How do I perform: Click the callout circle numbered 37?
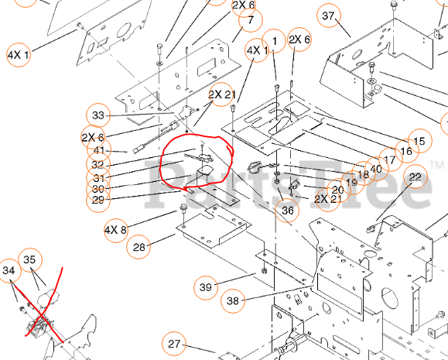tap(330, 16)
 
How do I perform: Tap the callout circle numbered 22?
tap(416, 178)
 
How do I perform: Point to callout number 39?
tap(205, 287)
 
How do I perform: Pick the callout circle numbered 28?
tap(139, 248)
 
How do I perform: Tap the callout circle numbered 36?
tap(288, 209)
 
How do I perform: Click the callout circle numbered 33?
tap(97, 115)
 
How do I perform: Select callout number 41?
tap(99, 150)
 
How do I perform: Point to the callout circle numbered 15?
tap(419, 142)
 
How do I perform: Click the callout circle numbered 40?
tap(376, 169)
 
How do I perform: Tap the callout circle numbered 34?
tap(9, 271)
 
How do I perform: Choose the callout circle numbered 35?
tap(30, 260)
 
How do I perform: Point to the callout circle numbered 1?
tap(272, 40)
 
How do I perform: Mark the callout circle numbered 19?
tap(351, 182)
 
